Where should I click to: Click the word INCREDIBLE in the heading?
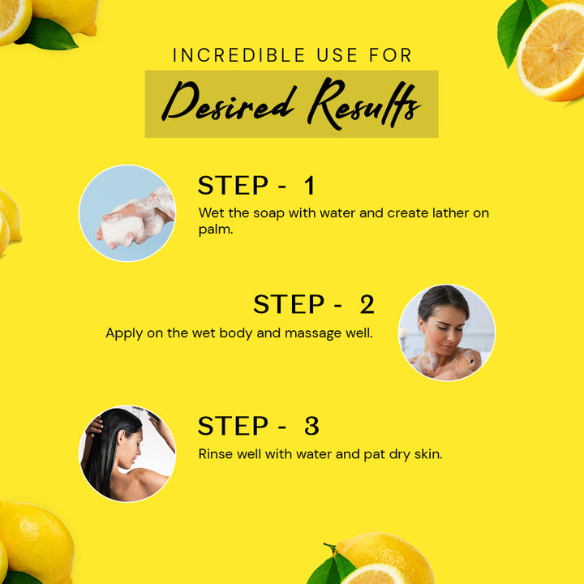pos(238,55)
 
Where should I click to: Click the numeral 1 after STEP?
pos(310,185)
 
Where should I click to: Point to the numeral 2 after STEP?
pos(367,304)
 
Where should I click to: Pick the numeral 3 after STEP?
pos(311,426)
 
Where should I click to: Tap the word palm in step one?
pos(216,230)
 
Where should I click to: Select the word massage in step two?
pos(313,333)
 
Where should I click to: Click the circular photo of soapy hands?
pos(127,213)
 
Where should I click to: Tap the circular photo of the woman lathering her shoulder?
pos(447,333)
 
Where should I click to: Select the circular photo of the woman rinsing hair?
pos(127,453)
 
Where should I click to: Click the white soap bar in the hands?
pos(120,230)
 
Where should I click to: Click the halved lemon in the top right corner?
pos(552,52)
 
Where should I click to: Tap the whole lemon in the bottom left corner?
pos(36,541)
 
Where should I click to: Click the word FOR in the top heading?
pos(390,55)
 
